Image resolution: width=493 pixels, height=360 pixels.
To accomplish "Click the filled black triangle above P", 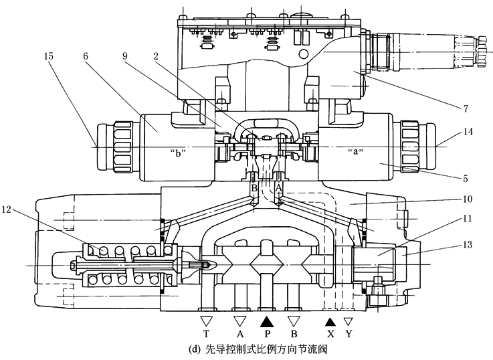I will click(267, 321).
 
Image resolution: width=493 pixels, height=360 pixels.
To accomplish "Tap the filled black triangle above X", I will click(329, 321).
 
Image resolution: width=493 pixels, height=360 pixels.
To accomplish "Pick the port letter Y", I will click(349, 333).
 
